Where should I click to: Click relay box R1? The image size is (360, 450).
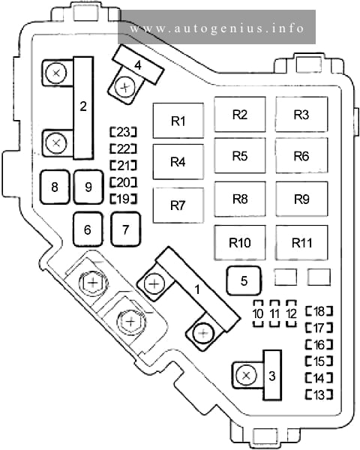(x=178, y=121)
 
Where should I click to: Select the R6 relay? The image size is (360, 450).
(x=301, y=155)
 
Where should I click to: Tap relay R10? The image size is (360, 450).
(x=240, y=242)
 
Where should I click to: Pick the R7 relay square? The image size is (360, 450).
(x=178, y=205)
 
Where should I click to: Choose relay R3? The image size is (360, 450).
(x=301, y=114)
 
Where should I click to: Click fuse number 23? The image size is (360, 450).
(x=124, y=132)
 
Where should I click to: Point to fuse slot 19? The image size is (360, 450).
(x=124, y=199)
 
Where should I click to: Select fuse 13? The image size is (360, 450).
(x=319, y=394)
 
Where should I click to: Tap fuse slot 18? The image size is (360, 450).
(x=319, y=311)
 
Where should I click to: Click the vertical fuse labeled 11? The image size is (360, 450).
(x=274, y=313)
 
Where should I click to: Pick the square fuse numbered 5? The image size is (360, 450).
(x=244, y=280)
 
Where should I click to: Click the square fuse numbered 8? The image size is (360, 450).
(x=55, y=187)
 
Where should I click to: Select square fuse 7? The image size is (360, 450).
(x=126, y=229)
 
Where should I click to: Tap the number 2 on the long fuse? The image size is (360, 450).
(x=83, y=106)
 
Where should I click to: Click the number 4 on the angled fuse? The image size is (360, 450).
(x=138, y=65)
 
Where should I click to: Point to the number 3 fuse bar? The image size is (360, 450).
(x=272, y=375)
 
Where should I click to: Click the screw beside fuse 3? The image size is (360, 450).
(x=246, y=375)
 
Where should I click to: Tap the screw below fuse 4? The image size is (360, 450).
(x=124, y=87)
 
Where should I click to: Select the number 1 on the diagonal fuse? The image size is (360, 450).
(x=197, y=289)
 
